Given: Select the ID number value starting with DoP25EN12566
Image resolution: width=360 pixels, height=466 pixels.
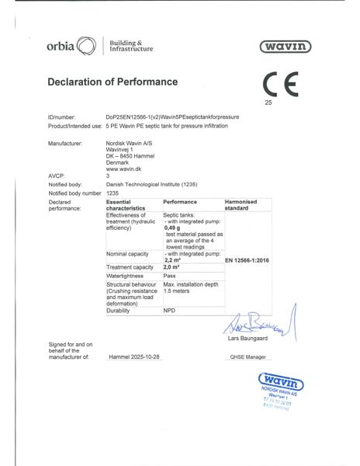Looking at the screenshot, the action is tap(172, 116).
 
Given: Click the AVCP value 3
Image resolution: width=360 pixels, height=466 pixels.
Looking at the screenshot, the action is tap(108, 176).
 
